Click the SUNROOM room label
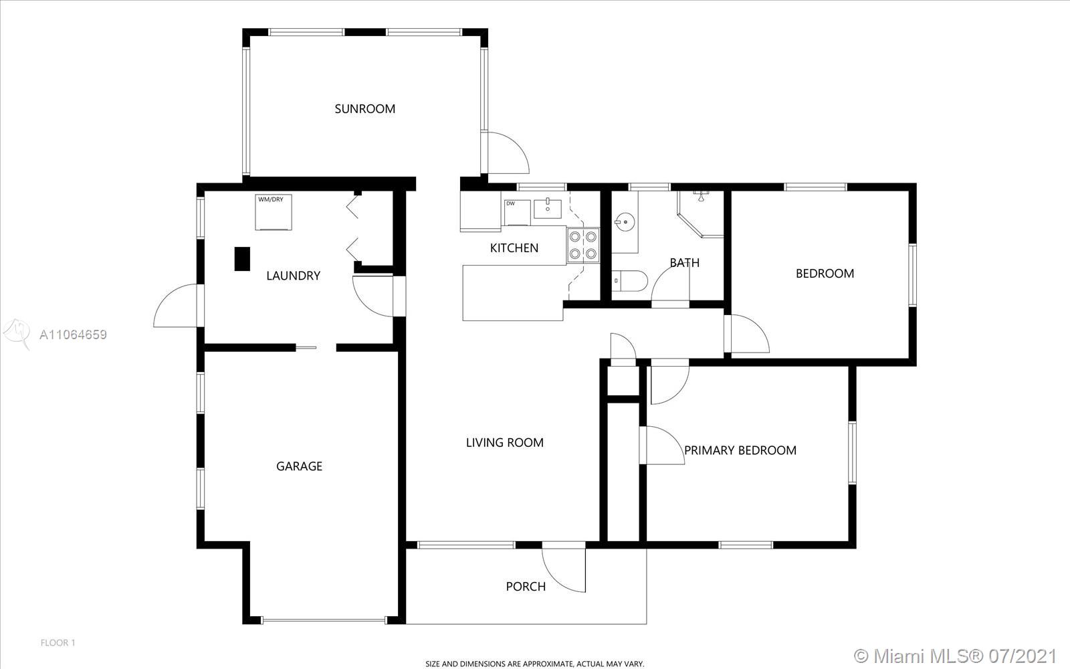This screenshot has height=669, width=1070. pyautogui.click(x=365, y=109)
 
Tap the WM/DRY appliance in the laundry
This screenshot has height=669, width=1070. pyautogui.click(x=274, y=212)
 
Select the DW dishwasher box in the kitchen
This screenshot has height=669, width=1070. pyautogui.click(x=517, y=213)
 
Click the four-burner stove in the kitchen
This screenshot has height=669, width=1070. pyautogui.click(x=583, y=245)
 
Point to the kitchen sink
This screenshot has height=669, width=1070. pyautogui.click(x=548, y=208)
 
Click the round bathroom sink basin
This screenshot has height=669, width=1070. pyautogui.click(x=625, y=222)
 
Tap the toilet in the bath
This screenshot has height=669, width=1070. pyautogui.click(x=629, y=280)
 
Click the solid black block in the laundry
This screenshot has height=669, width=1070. pyautogui.click(x=242, y=259)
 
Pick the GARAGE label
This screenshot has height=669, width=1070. pyautogui.click(x=299, y=466)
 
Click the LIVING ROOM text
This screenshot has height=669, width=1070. pyautogui.click(x=504, y=442)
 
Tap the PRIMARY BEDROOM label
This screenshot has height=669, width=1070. pyautogui.click(x=740, y=450)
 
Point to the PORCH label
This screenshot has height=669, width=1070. pyautogui.click(x=526, y=586)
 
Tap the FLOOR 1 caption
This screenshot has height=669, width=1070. pyautogui.click(x=58, y=643)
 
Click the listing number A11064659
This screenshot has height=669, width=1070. pyautogui.click(x=73, y=334)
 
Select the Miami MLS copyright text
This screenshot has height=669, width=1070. pyautogui.click(x=954, y=656)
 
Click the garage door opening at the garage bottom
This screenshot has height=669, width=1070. pyautogui.click(x=324, y=621)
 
